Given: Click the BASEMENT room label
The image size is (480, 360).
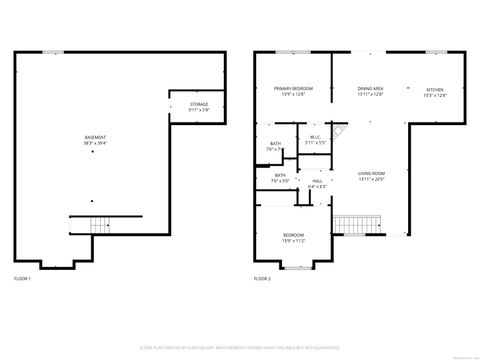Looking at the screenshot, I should coord(97,137).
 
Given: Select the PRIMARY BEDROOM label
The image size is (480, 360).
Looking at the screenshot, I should coord(293,89).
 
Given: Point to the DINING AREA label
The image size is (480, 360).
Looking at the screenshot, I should coord(371,89).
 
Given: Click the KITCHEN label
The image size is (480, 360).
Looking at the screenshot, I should coord(434,89).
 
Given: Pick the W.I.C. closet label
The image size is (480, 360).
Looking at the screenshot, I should coord(314,137).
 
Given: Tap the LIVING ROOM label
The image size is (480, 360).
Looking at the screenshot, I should coord(372,175).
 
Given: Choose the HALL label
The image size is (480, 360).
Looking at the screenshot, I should coord(317,181).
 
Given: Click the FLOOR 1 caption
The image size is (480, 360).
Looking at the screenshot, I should coord(22,277).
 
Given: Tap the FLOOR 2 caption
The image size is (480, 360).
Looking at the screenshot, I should coord(261,277).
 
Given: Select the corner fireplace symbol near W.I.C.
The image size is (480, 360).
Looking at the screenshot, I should coord(339,131).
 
